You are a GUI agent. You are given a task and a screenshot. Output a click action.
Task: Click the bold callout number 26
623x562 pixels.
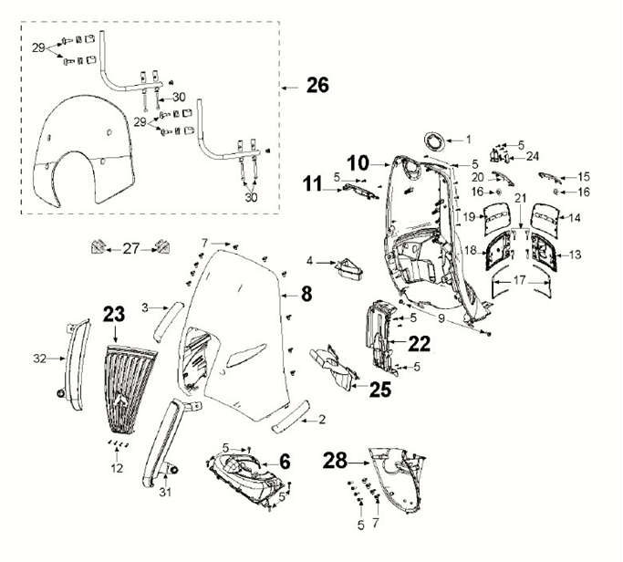click(317, 86)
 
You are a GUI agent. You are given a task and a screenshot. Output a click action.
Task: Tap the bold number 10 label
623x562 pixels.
click(358, 163)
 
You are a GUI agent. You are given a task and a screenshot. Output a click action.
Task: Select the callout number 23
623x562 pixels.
click(113, 314)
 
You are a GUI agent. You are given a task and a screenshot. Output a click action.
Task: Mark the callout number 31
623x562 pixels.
click(164, 494)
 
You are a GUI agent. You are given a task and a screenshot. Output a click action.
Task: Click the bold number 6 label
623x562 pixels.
click(285, 462)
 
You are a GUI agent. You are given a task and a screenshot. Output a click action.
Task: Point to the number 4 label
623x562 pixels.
click(310, 261)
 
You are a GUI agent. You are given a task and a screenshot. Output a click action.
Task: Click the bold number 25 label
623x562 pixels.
click(379, 389)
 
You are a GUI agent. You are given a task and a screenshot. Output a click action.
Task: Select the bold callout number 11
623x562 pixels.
click(313, 184)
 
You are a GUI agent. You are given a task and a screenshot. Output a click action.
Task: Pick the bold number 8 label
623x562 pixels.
click(306, 293)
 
